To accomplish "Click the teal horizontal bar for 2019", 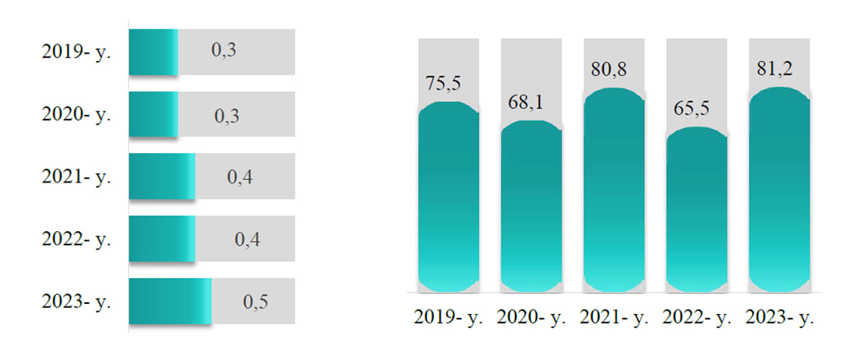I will (153, 52).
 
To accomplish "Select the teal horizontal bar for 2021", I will (162, 176).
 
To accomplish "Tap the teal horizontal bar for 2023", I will (170, 301).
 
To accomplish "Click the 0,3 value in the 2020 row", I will (227, 116).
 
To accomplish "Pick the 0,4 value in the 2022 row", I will (247, 239).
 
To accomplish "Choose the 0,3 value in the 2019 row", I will (224, 50).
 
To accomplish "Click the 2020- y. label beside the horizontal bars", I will (76, 115).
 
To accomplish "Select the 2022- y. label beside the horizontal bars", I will (76, 239).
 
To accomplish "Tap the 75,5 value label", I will (444, 85).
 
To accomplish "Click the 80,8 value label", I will (609, 70).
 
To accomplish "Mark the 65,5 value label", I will (692, 110).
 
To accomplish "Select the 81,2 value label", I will (775, 69).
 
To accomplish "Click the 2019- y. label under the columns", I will (449, 318).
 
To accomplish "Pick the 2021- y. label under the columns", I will (615, 318).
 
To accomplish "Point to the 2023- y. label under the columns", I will (780, 318).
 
